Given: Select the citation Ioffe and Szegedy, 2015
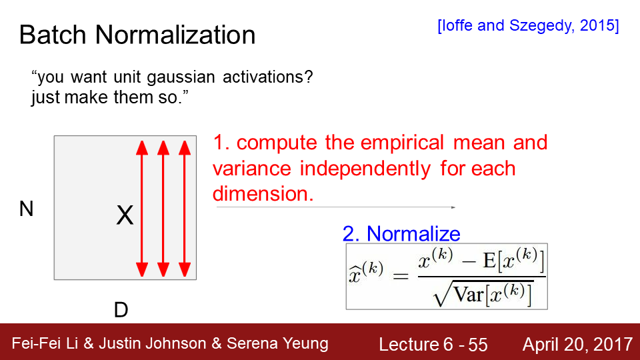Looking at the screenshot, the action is (528, 26).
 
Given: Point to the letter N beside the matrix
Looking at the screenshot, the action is (26, 209).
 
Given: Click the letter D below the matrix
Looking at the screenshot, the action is (121, 310).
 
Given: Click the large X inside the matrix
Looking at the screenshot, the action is (125, 215).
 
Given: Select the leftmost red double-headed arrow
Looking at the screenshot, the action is (142, 209).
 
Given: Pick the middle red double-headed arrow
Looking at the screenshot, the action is (163, 209).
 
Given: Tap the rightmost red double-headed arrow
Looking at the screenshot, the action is (185, 209).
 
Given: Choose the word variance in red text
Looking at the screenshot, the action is (252, 169).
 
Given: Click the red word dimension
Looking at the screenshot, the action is (263, 193).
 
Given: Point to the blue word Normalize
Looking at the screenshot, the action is (413, 234).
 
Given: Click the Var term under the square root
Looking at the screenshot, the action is (468, 295).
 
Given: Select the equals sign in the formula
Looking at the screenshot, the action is (401, 277).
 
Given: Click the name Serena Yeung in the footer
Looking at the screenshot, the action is (277, 344).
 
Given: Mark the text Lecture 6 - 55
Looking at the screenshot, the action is (433, 345).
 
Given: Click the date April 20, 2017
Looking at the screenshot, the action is (577, 345).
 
